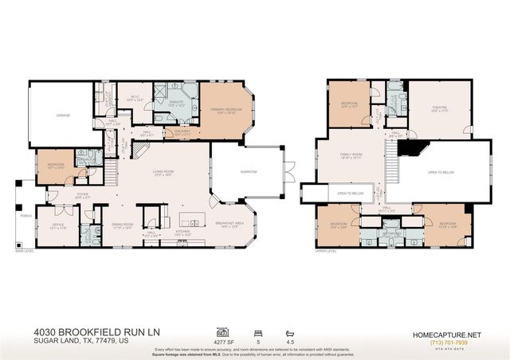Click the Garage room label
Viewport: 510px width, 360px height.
coord(63,115)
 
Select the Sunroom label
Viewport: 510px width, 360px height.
coord(248,171)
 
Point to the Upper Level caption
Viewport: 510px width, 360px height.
coord(325,253)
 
